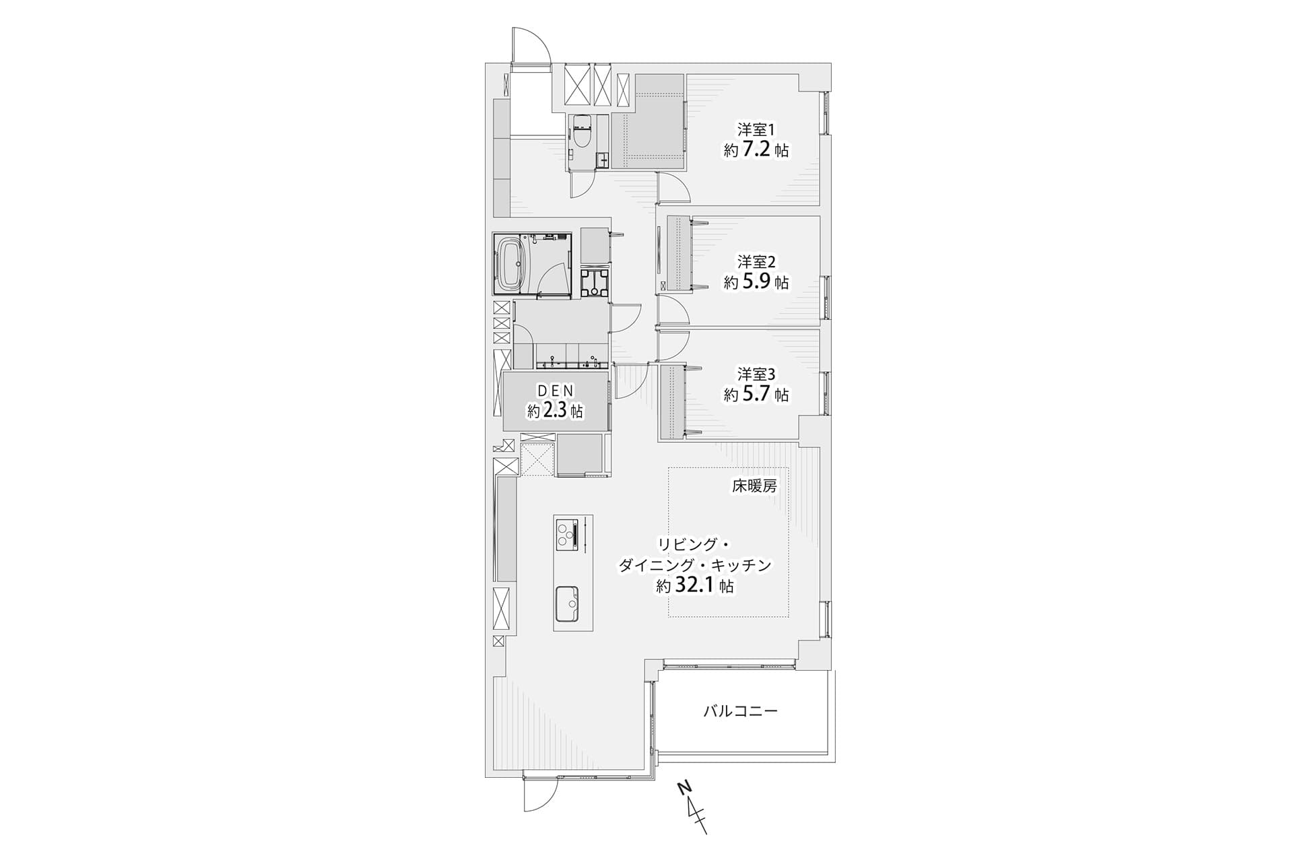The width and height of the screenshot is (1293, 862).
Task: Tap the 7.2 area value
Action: pyautogui.click(x=757, y=150)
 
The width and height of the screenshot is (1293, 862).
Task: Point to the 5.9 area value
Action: pyautogui.click(x=757, y=282)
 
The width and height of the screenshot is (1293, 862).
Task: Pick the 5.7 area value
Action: pyautogui.click(x=757, y=394)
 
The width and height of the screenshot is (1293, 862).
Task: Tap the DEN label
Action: pyautogui.click(x=554, y=390)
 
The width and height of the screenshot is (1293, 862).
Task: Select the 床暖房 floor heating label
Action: pyautogui.click(x=754, y=486)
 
